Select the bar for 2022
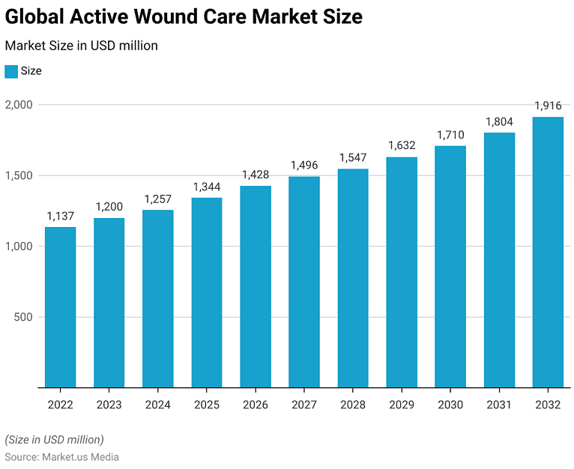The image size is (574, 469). [60, 307]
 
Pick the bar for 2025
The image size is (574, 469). [207, 292]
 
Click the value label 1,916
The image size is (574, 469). [548, 106]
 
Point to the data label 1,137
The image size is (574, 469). [60, 216]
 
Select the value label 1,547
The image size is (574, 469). [353, 157]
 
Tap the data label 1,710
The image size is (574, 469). [450, 135]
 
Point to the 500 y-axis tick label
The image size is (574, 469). [23, 317]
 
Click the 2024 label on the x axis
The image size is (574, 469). [157, 405]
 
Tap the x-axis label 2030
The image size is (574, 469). [450, 405]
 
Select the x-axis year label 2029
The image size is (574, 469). [402, 405]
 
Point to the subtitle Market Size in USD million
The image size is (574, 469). [81, 46]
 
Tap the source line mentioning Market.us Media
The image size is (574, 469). [61, 456]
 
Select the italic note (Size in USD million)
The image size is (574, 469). [54, 439]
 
